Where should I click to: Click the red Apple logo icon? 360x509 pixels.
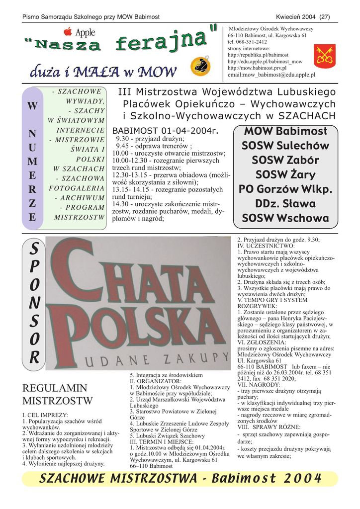pos(68,32)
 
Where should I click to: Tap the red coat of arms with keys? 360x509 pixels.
pos(325,55)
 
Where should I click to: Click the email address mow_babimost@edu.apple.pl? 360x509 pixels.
pos(271,75)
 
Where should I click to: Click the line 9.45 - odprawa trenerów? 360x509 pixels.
pos(154,146)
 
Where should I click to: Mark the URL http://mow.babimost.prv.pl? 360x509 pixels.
pos(257,68)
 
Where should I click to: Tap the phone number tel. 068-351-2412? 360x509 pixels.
pos(247,42)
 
